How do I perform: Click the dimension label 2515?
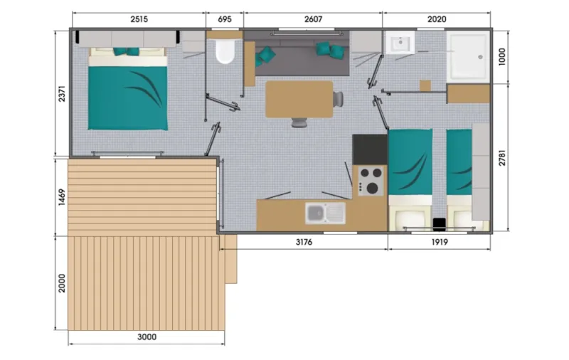pos(139,19)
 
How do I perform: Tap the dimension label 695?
pos(224,19)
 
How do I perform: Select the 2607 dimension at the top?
pos(312,19)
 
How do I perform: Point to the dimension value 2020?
pos(436,19)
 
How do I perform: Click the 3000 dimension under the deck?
pos(147,337)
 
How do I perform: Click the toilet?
pos(225,52)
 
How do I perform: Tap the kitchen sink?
pos(324,211)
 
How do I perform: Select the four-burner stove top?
pos(370,180)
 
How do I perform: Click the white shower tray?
pos(468,54)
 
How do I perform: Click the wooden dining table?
pos(299,99)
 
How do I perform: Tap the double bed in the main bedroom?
pos(127,90)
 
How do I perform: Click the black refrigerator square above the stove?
pos(370,149)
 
